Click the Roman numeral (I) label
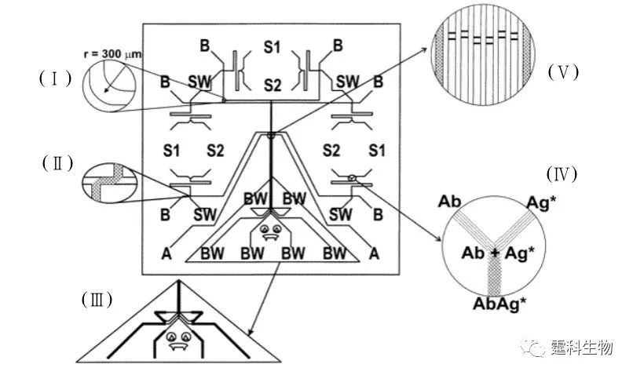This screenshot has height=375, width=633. (54, 78)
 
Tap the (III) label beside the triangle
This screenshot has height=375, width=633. (95, 299)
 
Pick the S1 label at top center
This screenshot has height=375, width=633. (273, 48)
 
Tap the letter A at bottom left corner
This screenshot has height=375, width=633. (166, 253)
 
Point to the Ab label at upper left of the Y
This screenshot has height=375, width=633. (449, 202)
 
